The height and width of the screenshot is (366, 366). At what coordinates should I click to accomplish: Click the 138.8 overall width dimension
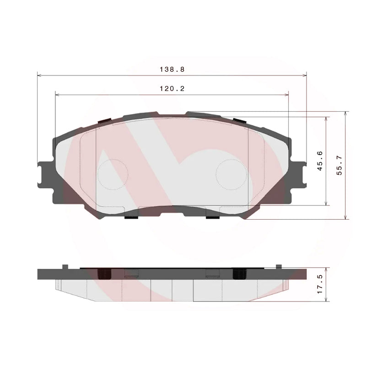click(172, 70)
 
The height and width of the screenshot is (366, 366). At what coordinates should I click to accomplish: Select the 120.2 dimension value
click(172, 89)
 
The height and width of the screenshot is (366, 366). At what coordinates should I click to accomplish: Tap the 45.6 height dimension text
click(320, 161)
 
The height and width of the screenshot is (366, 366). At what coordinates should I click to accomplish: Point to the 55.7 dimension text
click(339, 165)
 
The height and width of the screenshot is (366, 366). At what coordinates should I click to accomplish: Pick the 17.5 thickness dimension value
click(320, 285)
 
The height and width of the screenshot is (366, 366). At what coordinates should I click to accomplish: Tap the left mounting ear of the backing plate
click(45, 174)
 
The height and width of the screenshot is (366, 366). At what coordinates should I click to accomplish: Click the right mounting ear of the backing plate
click(299, 174)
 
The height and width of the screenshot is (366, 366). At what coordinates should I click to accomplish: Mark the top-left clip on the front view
click(105, 121)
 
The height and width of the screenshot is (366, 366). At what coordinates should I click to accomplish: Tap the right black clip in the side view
click(239, 273)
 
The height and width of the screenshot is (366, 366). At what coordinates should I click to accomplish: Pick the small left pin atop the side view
click(65, 266)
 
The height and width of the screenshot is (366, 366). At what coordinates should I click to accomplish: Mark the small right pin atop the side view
click(278, 266)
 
